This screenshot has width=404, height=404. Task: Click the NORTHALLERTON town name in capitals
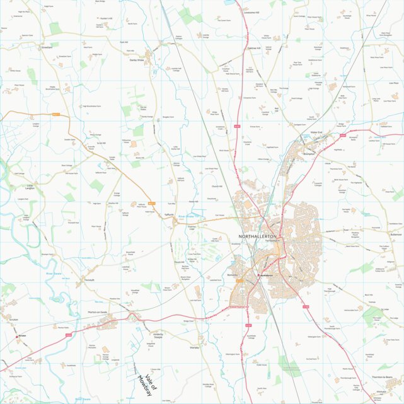pos(258,236)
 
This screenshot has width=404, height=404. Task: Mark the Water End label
pos(316,132)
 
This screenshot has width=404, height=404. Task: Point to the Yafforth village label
pos(168,215)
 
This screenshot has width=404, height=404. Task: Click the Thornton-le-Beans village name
pos(383,377)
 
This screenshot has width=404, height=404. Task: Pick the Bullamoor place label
pos(395,234)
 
